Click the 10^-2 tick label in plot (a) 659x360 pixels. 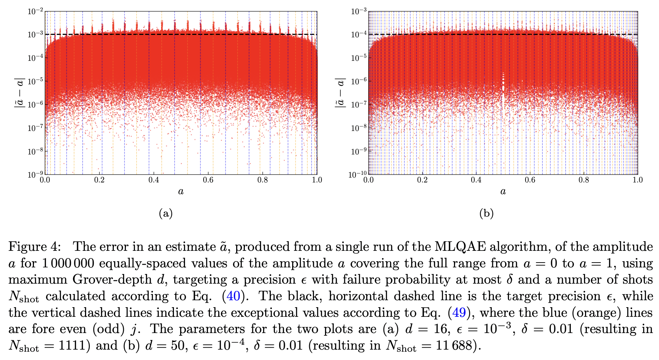(x=35, y=11)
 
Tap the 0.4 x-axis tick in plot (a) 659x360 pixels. (x=154, y=180)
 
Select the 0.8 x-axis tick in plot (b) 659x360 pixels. (x=584, y=180)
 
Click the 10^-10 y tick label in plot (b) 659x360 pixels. (x=358, y=174)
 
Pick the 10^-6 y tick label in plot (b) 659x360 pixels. (x=359, y=81)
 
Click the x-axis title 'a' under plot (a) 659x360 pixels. (x=180, y=191)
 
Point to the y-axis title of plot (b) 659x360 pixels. (x=340, y=92)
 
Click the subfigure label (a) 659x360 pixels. (x=166, y=214)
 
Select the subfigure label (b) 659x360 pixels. (x=486, y=214)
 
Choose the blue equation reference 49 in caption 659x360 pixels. (x=459, y=313)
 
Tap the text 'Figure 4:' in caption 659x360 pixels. (x=34, y=247)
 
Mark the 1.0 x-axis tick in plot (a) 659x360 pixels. (x=317, y=180)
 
